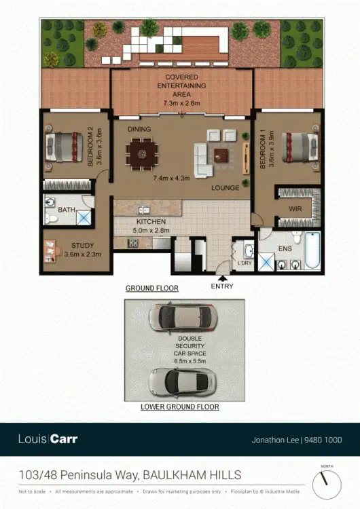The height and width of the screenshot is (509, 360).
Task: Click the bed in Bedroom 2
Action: [x=61, y=147]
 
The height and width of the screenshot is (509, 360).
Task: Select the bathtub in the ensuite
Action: [x=312, y=250]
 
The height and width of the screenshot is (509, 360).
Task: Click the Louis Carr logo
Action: [x=48, y=439]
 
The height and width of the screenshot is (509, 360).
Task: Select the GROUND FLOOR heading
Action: [x=151, y=288]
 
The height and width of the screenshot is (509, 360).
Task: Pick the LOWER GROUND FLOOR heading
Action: [x=179, y=407]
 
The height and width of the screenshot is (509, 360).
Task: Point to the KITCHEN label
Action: [x=151, y=222]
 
